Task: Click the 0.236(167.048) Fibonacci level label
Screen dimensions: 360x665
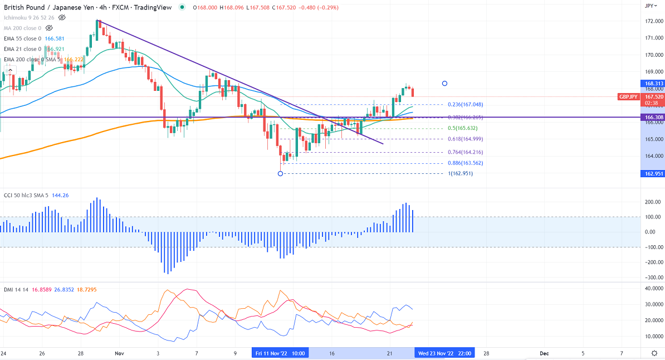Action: click(x=465, y=105)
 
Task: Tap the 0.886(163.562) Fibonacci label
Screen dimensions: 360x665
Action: click(x=465, y=163)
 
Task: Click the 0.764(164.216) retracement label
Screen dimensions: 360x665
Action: click(x=465, y=152)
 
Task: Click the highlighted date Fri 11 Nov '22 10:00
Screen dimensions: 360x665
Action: click(x=280, y=353)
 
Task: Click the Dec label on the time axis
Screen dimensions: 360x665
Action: click(x=544, y=353)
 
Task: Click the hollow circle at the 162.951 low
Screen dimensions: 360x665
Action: click(x=280, y=174)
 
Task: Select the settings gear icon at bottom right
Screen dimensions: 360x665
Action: click(x=653, y=353)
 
